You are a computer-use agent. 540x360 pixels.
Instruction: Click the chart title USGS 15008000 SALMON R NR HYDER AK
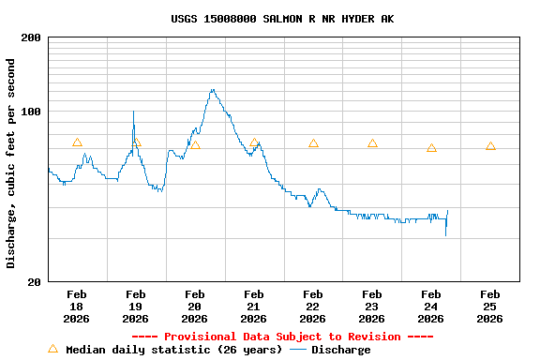tap(282, 19)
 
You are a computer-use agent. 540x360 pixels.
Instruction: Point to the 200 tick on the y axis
tap(31, 37)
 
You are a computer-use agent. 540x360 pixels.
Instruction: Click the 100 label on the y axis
tap(31, 112)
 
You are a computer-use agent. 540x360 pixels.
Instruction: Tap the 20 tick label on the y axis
tap(34, 282)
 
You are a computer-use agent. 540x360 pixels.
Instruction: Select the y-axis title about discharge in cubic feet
tap(11, 163)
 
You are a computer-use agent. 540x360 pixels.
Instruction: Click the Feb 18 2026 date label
tap(77, 307)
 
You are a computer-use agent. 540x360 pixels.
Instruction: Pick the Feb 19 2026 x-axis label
tap(135, 307)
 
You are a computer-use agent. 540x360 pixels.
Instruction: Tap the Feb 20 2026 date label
tap(194, 307)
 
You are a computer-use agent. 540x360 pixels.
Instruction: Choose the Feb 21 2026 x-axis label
tap(253, 307)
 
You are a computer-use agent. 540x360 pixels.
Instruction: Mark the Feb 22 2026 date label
tap(312, 307)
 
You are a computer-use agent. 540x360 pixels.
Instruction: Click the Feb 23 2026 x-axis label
tap(371, 307)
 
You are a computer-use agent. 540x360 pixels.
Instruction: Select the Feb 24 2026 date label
tap(430, 307)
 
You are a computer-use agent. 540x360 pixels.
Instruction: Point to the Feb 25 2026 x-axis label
tap(489, 307)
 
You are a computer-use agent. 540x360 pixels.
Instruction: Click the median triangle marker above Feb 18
tap(77, 142)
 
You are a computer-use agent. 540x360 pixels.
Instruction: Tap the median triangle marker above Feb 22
tap(313, 143)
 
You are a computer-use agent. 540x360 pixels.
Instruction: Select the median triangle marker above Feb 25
tap(490, 146)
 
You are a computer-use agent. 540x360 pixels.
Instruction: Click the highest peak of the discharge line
tap(213, 90)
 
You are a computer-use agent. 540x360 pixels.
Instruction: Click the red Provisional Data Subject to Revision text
tap(282, 337)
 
